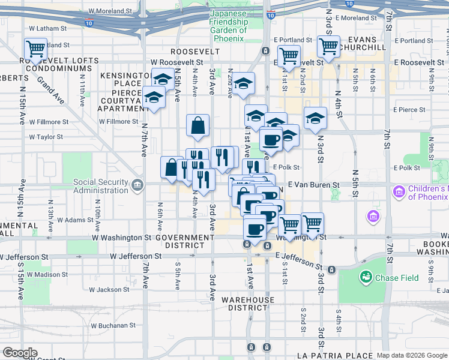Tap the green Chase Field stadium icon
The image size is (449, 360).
tap(364, 277)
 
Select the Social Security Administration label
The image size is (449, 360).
tap(101, 186)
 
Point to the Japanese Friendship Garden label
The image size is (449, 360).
tap(228, 26)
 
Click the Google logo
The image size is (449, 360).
tap(20, 353)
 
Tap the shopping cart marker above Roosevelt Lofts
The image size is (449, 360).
tap(35, 48)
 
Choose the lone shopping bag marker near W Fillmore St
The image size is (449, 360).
tap(198, 127)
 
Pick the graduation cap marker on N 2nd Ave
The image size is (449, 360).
tap(243, 85)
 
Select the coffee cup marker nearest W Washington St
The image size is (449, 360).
tap(255, 229)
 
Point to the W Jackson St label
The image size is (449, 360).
tap(109, 290)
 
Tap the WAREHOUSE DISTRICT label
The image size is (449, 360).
tap(248, 303)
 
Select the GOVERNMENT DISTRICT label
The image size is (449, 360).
tap(184, 241)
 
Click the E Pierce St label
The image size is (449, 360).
tap(409, 110)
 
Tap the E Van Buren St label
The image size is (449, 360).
tap(313, 185)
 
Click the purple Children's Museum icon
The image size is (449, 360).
tap(398, 193)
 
